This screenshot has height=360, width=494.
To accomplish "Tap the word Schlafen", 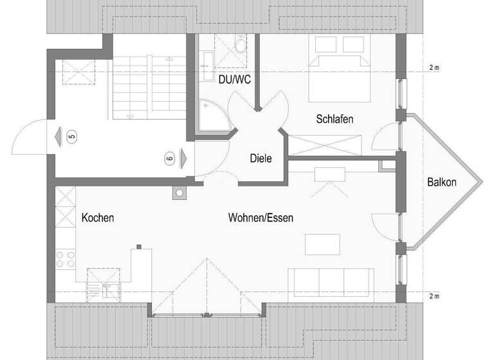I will [334, 120].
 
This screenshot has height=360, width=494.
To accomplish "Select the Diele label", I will [261, 158].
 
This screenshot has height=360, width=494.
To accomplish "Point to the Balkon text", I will [442, 182].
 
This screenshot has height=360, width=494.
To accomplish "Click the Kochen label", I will [98, 218].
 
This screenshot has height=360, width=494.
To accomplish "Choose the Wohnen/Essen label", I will [261, 218].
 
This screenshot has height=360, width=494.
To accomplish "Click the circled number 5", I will [71, 136].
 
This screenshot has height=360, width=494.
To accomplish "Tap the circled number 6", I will [170, 157].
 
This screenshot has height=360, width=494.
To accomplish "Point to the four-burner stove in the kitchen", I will [65, 259].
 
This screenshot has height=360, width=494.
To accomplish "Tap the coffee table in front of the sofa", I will [322, 244].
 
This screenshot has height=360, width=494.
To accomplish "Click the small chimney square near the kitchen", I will [179, 193].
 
